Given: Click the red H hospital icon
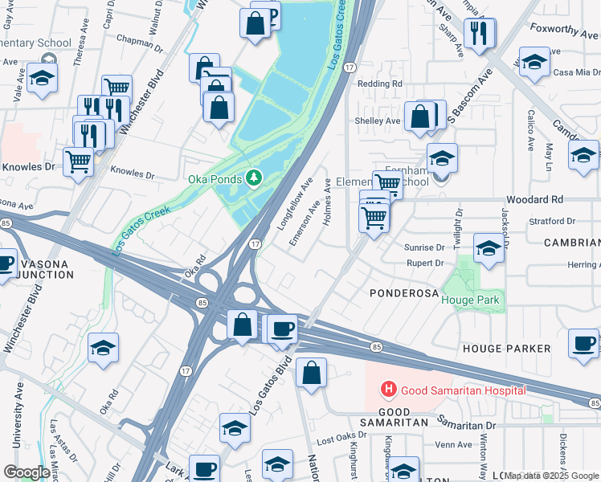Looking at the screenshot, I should point(389,390).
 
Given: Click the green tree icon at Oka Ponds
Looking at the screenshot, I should point(254,178).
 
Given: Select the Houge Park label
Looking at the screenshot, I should point(470,300).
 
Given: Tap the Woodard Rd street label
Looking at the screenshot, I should point(532,199).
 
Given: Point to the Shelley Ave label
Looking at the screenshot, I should point(378,121).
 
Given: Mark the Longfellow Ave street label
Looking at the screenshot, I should point(295,206).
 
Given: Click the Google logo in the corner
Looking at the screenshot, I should point(26,472).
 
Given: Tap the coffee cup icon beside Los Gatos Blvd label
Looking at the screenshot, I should point(282,329).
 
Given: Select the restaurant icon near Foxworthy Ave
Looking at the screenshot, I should point(480,33).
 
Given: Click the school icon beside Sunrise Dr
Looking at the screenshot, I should point(489,248).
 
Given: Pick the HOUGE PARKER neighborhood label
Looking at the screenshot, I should point(506,349).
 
